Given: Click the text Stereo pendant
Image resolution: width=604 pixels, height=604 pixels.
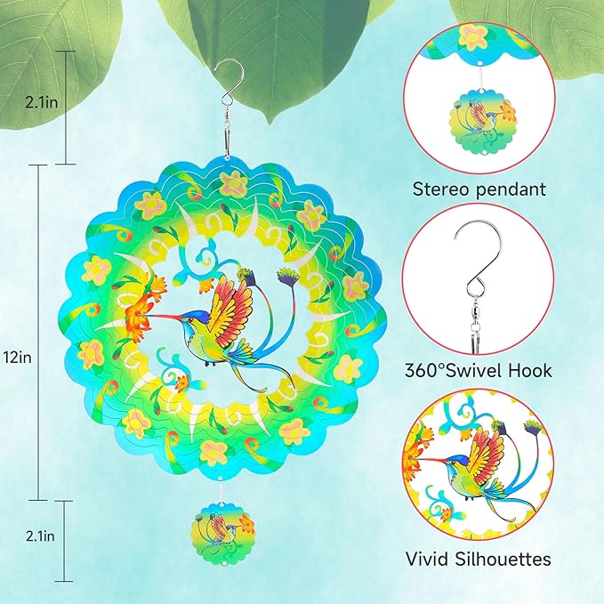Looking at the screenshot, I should pos(479,189).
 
